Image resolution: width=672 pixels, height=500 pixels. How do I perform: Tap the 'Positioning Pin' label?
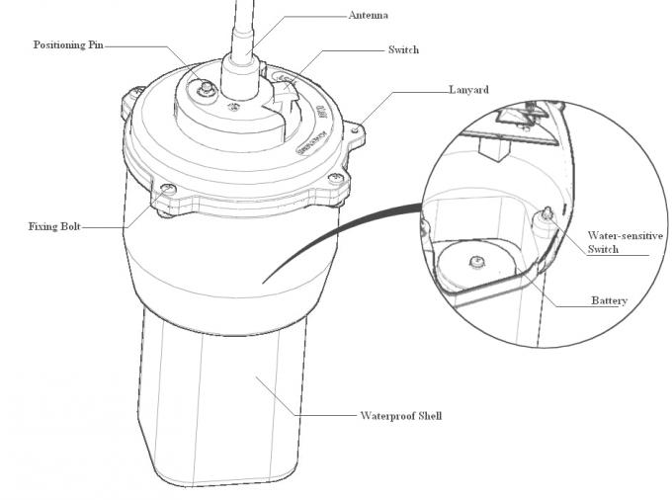(x=68, y=45)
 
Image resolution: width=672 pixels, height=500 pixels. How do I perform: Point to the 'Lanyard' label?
(x=470, y=90)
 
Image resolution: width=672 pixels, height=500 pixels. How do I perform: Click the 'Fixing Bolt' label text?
(x=53, y=226)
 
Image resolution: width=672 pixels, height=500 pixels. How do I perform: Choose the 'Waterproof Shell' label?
(x=400, y=416)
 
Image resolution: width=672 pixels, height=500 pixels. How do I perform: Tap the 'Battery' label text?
(x=609, y=299)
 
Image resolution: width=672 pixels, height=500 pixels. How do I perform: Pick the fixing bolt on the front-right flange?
(x=337, y=179)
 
